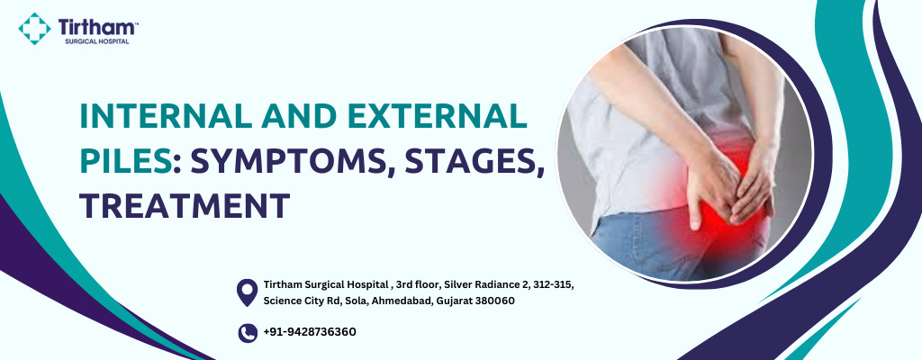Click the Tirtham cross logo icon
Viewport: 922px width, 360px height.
(34, 29)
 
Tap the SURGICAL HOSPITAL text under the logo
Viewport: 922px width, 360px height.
(97, 41)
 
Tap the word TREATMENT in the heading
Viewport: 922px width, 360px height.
(185, 206)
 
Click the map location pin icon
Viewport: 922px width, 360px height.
(247, 292)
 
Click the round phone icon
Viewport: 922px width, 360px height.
(248, 333)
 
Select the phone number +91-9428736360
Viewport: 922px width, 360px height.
(310, 332)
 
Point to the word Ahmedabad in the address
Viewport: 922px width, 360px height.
(402, 301)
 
